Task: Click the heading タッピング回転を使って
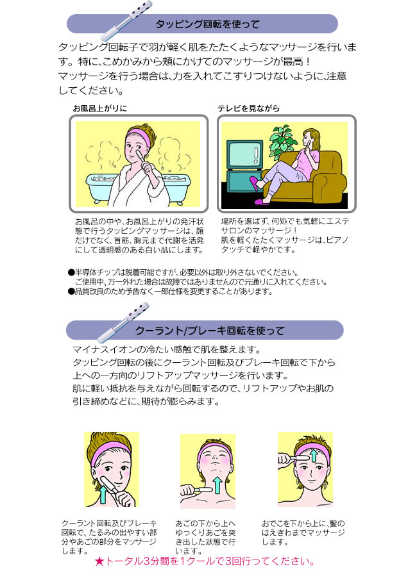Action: tap(207, 24)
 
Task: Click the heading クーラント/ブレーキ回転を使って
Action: tap(210, 330)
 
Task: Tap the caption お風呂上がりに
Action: tap(100, 108)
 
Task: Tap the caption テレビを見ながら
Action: tap(248, 108)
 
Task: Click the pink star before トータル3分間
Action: tap(99, 561)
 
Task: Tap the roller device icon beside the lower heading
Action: tap(123, 322)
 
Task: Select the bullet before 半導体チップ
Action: tap(71, 272)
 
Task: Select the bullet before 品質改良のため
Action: tap(71, 292)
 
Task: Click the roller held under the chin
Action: tap(198, 490)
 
